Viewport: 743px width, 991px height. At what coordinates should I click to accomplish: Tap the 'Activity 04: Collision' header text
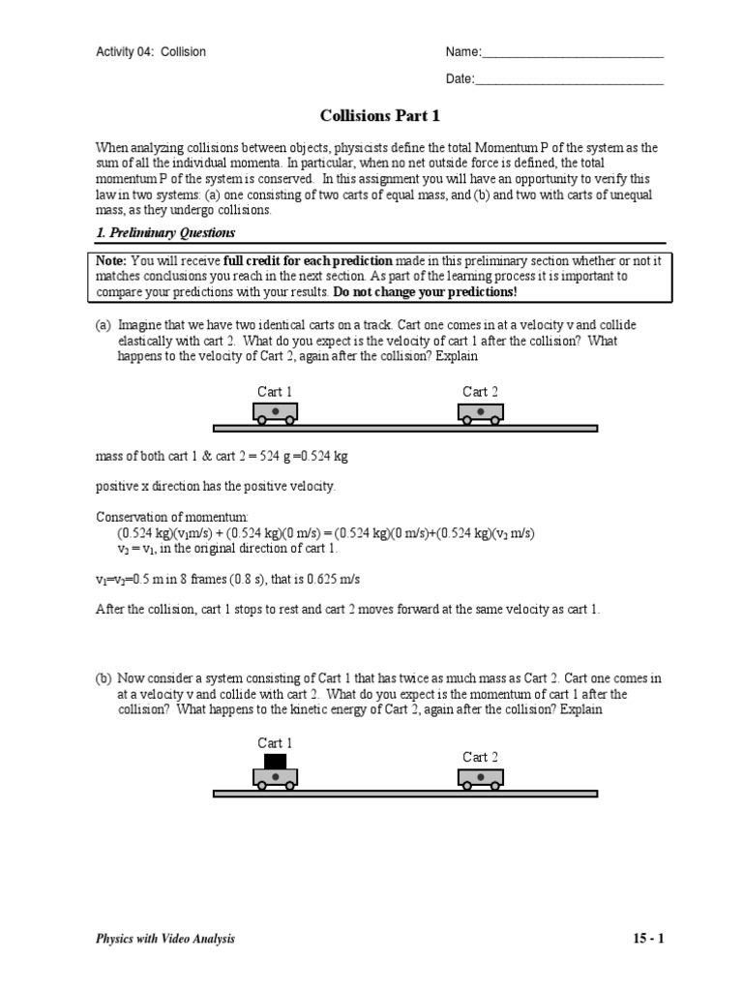pyautogui.click(x=150, y=52)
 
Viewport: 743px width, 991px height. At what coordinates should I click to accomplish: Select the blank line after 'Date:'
pyautogui.click(x=570, y=80)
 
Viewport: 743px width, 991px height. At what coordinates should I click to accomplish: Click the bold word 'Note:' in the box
pyautogui.click(x=111, y=261)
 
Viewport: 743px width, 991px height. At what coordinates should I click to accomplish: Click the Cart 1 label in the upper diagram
pyautogui.click(x=276, y=392)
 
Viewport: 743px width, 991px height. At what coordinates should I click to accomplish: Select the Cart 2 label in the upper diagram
pyautogui.click(x=481, y=392)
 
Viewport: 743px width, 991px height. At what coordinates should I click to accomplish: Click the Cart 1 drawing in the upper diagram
pyautogui.click(x=276, y=413)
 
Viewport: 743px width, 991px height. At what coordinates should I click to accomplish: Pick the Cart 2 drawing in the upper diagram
pyautogui.click(x=481, y=413)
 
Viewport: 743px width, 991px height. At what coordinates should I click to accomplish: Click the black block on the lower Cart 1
pyautogui.click(x=276, y=761)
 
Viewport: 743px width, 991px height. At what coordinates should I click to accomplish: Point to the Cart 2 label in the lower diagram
pyautogui.click(x=481, y=757)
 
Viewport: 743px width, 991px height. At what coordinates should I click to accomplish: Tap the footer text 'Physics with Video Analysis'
pyautogui.click(x=164, y=939)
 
